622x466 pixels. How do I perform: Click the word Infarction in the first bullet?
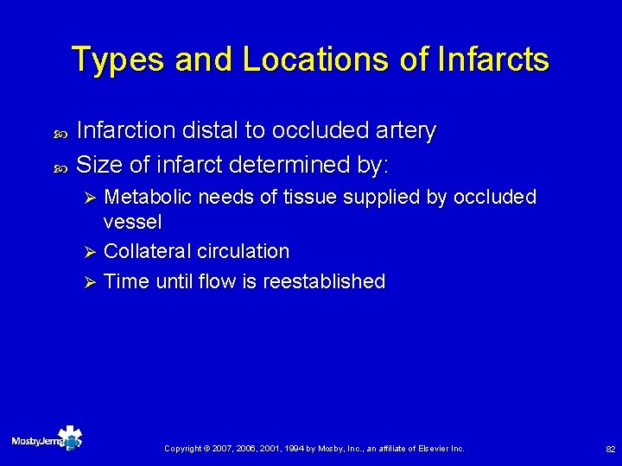124,131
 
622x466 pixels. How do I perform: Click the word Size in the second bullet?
99,163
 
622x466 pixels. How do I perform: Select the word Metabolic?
149,198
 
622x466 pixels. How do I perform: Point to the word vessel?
132,223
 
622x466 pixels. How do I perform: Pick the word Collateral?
147,252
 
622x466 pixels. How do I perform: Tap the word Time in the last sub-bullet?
126,281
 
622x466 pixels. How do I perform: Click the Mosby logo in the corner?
48,441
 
